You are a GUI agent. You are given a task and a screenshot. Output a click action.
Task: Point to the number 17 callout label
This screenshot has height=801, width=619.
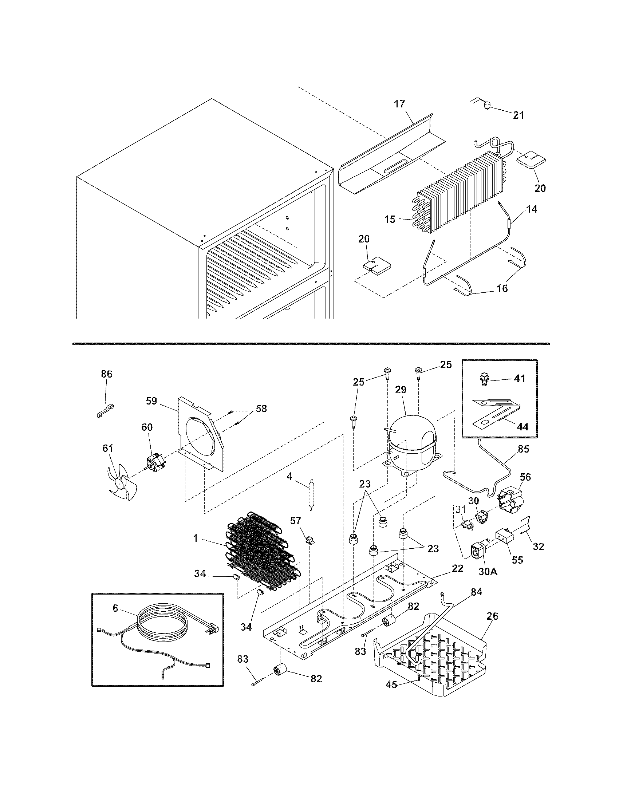tap(399, 104)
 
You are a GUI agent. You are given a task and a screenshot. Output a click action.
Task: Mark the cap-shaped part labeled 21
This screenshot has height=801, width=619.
tap(486, 107)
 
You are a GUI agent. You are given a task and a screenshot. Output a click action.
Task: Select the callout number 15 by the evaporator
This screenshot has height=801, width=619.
tap(390, 219)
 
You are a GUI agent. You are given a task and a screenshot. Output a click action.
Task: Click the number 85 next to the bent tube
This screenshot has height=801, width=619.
tap(524, 449)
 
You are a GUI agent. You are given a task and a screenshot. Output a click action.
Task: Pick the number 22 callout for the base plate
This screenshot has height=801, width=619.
tap(458, 568)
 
